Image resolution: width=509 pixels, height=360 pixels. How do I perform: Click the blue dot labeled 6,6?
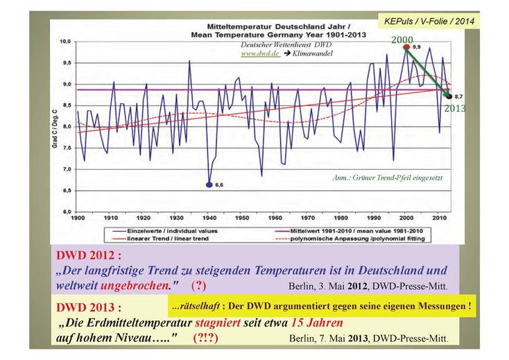coord(209,185)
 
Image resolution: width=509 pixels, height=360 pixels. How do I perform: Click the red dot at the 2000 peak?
coord(406,47)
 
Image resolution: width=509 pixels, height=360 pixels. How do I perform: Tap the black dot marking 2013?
coord(449,96)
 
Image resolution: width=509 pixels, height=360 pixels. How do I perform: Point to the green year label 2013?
coord(455,108)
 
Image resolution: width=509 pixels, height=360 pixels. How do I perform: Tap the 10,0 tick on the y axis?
coord(67,42)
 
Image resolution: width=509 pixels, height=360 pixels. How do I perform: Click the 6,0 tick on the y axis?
coord(67,211)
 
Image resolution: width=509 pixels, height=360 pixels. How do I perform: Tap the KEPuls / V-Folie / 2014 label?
coord(429,22)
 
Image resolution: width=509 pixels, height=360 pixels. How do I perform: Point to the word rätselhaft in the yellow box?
coord(198,305)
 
